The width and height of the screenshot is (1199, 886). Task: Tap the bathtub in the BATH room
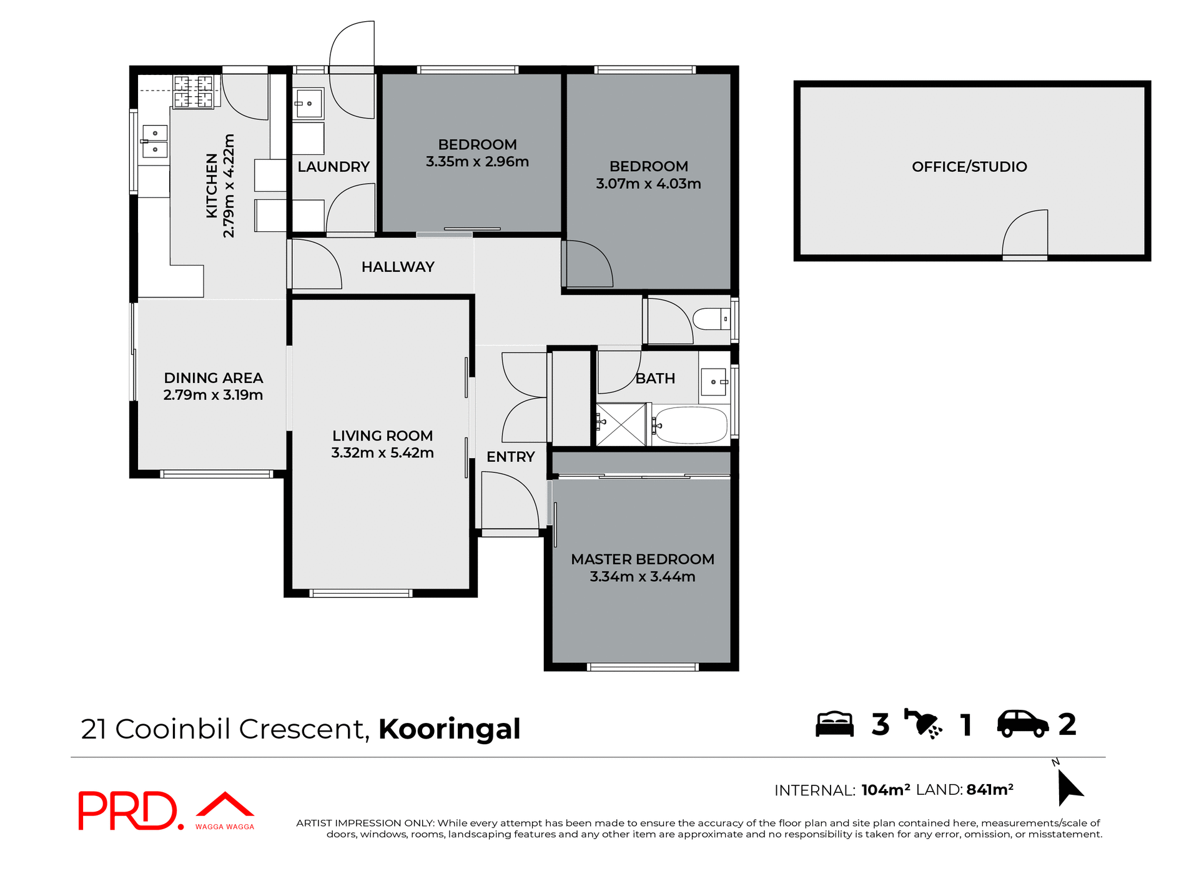coord(691,426)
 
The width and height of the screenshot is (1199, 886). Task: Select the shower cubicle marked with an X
coord(621,425)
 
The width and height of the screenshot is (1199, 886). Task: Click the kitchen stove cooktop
coord(194,92)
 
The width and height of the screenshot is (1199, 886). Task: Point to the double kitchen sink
coord(154,142)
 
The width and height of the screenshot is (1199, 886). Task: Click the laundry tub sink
coord(308,104)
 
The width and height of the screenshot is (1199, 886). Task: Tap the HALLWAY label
coord(398,267)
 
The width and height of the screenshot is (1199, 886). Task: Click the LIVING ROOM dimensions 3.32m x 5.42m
coord(382,453)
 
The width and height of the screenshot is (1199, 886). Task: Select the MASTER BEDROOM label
coord(642,559)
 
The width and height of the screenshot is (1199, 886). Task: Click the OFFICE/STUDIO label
coord(969,167)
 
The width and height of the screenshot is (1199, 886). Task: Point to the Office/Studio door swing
coord(1025,234)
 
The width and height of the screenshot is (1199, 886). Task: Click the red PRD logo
coord(128,810)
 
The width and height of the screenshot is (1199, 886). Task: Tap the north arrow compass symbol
coord(1069,787)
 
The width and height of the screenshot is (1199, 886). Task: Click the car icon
coord(1022,724)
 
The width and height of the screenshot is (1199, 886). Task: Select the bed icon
coord(834,724)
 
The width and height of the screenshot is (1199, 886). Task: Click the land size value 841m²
coord(990,790)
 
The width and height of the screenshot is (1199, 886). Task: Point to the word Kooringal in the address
coord(449,729)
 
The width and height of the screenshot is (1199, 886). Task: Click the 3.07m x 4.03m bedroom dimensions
coord(648,184)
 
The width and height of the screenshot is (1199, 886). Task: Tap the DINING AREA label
coord(213,378)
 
